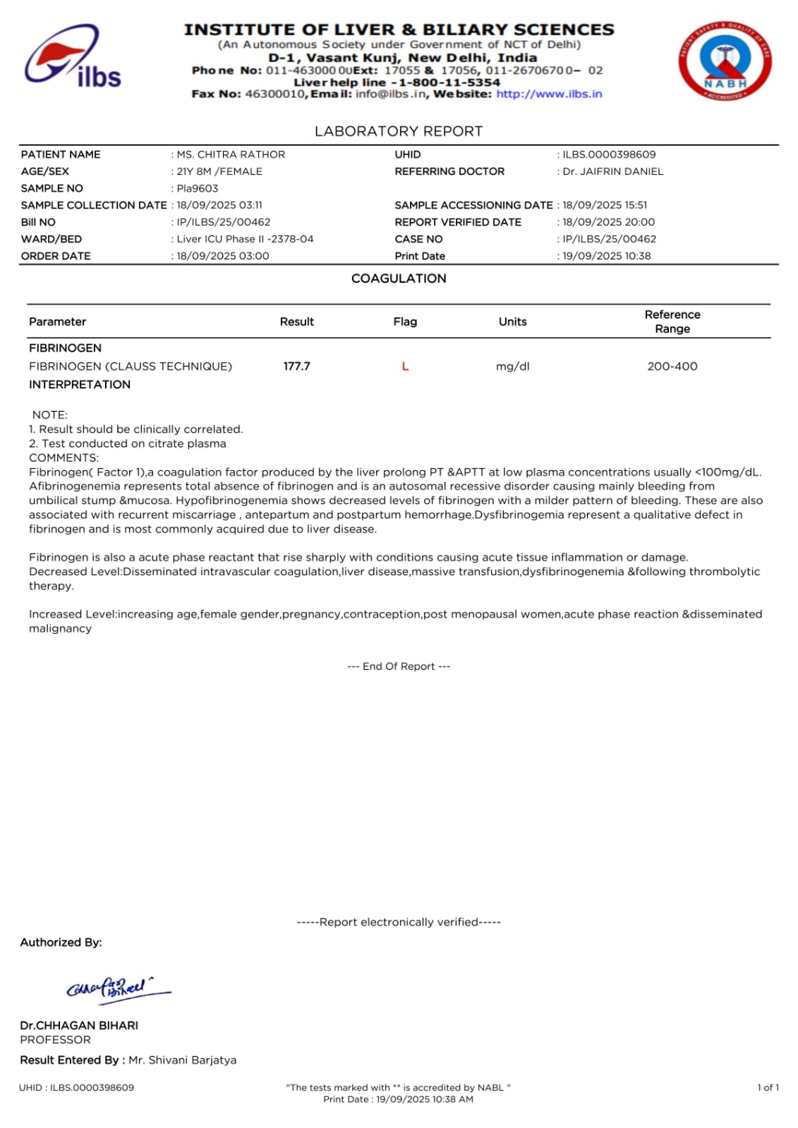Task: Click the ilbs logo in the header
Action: point(73,58)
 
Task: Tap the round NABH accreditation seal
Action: point(725,61)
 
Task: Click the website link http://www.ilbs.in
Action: point(549,94)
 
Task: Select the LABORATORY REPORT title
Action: point(399,131)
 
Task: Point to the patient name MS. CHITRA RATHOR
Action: point(231,154)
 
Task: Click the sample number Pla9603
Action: point(198,188)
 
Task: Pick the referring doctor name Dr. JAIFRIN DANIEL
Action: point(612,171)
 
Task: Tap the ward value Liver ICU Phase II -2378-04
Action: point(245,239)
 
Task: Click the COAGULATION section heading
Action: point(399,278)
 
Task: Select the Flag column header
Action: point(405,321)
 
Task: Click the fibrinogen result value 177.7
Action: point(296,366)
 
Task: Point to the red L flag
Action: point(405,366)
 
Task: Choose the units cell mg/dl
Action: point(512,366)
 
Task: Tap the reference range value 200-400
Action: point(672,366)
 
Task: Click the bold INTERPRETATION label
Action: point(80,384)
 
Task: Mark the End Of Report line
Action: point(399,666)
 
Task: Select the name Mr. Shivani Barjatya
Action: point(182,1060)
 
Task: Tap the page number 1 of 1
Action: point(768,1087)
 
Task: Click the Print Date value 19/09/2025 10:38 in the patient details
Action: point(607,256)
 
